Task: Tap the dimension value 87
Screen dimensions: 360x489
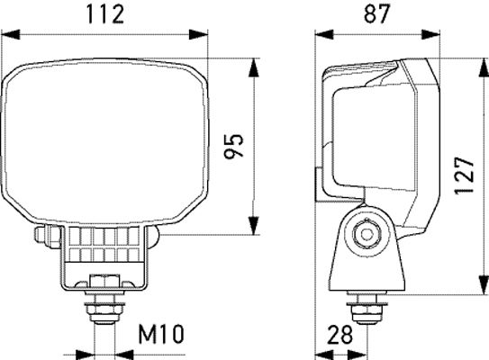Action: (377, 14)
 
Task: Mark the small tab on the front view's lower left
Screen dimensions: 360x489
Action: (40, 238)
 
